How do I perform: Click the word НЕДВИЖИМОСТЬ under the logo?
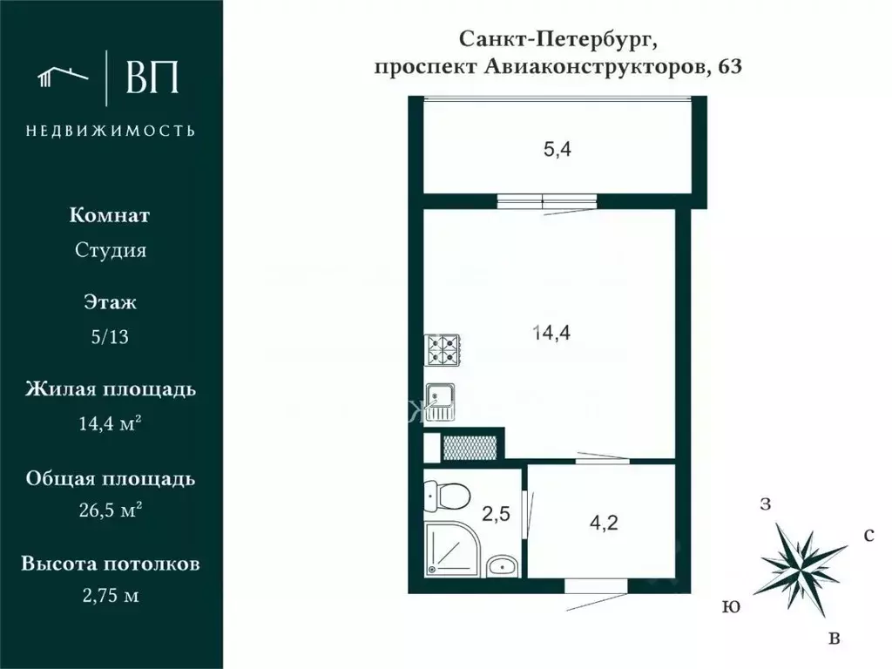111,131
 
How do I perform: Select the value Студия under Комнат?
110,251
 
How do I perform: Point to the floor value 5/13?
110,338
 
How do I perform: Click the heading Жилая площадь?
110,389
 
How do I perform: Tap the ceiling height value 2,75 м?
110,597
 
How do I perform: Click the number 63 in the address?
729,69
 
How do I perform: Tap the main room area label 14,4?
551,331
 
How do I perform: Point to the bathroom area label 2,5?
495,513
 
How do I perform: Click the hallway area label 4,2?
605,524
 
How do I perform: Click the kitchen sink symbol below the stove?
441,401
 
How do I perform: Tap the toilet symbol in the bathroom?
447,497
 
